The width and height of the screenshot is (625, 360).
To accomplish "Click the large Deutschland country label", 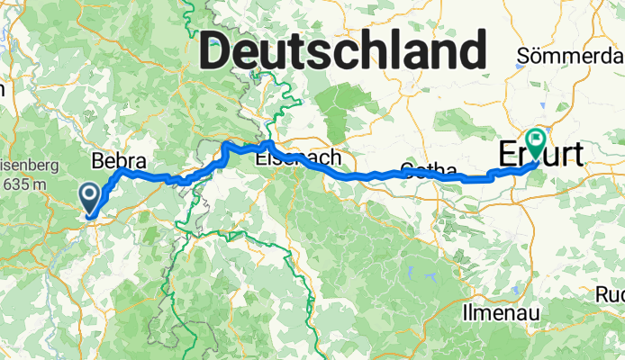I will click(343, 49).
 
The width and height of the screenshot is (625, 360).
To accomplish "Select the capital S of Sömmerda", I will click(523, 57).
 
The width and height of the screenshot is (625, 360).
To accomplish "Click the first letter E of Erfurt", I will click(506, 154).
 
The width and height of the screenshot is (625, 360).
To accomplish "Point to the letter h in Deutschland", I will click(362, 49).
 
